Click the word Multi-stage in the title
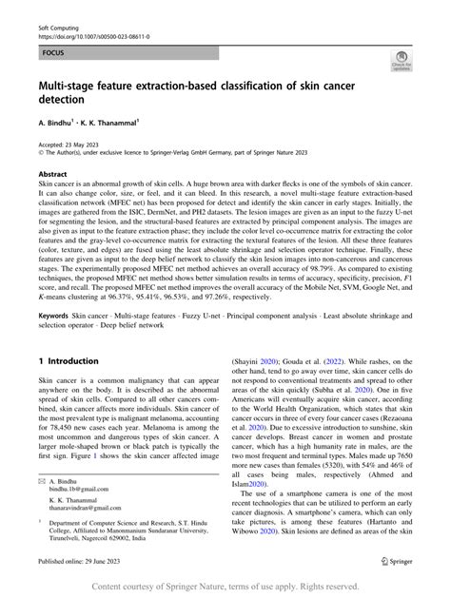[75, 85]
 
